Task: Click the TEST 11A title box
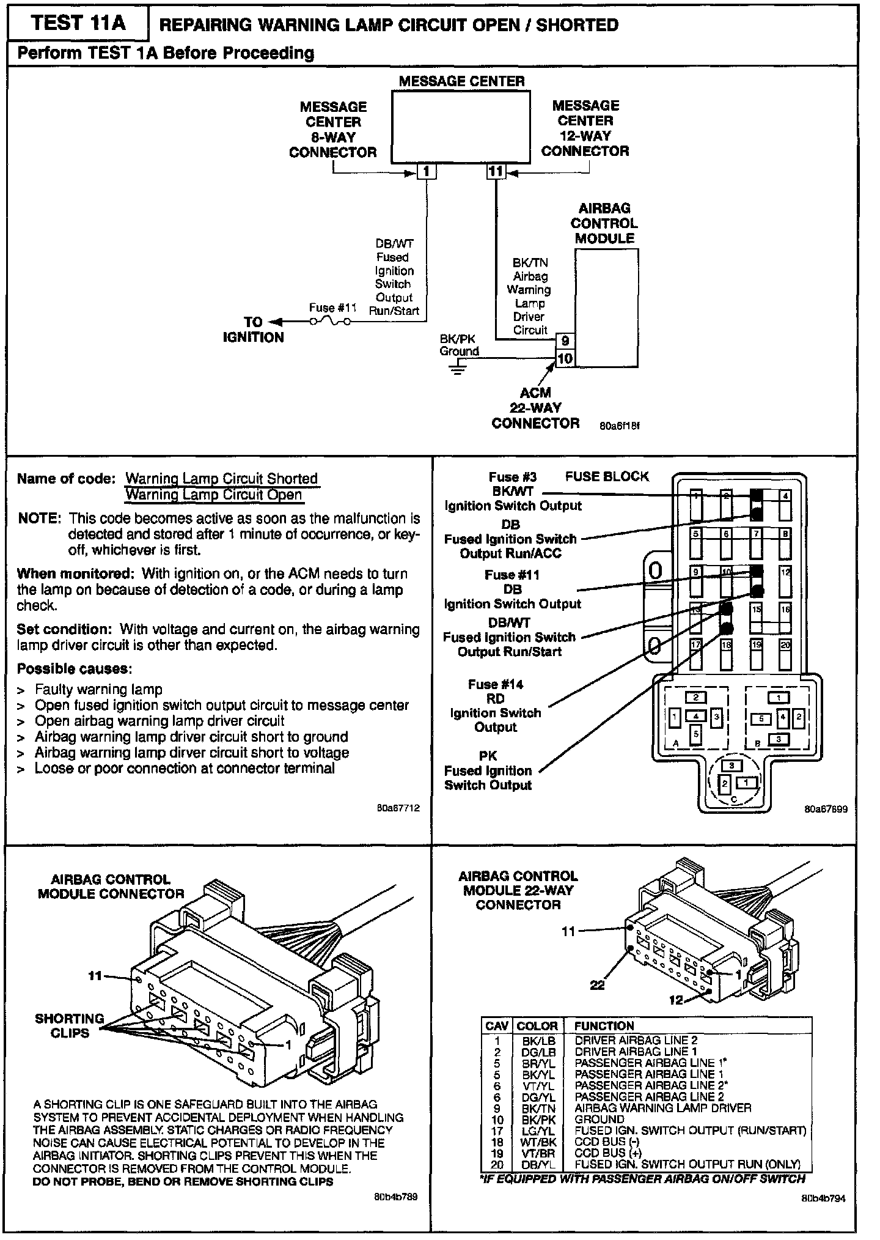click(x=78, y=23)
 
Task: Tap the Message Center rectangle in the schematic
click(x=461, y=127)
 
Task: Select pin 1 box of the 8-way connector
click(x=427, y=172)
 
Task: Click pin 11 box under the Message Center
click(x=496, y=172)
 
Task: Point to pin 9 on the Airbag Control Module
click(x=565, y=341)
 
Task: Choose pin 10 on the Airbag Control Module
click(x=565, y=358)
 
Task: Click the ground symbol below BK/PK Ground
click(x=458, y=368)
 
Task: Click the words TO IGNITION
click(x=253, y=330)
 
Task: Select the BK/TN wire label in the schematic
click(x=530, y=263)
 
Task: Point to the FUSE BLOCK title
click(x=606, y=476)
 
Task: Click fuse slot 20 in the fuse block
click(x=785, y=654)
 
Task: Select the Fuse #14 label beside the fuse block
click(x=496, y=684)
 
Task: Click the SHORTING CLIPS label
click(x=69, y=1026)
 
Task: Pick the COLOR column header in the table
click(x=537, y=1026)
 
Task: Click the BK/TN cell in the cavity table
click(x=538, y=1108)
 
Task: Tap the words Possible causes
click(x=75, y=668)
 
